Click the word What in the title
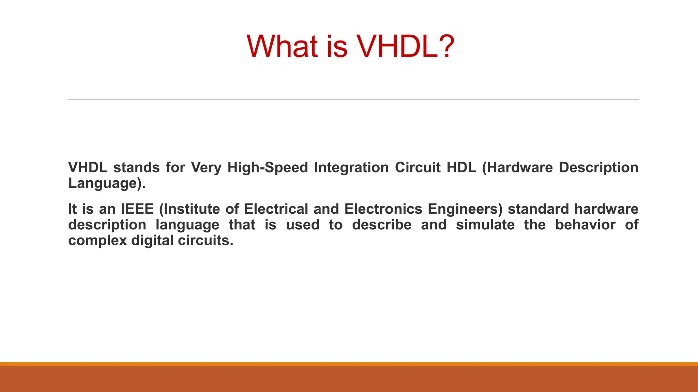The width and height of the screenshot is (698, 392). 283,47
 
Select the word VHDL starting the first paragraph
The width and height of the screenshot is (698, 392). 88,167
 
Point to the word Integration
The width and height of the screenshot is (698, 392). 351,167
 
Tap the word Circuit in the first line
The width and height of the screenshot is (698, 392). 418,167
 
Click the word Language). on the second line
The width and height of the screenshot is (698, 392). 107,183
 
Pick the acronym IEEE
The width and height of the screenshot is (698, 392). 137,209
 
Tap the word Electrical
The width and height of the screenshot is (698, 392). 276,209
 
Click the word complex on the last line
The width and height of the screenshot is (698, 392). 97,241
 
